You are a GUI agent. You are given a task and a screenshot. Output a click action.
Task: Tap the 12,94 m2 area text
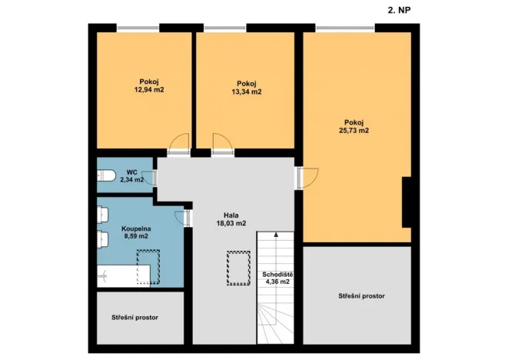[148, 89]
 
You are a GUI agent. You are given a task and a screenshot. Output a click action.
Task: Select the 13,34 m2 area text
[246, 92]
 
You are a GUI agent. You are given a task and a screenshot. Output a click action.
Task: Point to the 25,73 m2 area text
[354, 131]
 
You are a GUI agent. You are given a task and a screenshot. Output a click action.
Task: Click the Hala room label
[231, 215]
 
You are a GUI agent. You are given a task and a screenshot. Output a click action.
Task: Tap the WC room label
[132, 172]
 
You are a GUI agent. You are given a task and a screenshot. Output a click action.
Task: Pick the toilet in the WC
[106, 177]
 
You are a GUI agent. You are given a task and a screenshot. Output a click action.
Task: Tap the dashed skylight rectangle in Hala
[238, 267]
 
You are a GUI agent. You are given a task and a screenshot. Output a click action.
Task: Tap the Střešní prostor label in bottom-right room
[361, 296]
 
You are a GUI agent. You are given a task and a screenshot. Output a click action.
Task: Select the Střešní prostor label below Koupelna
[134, 316]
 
